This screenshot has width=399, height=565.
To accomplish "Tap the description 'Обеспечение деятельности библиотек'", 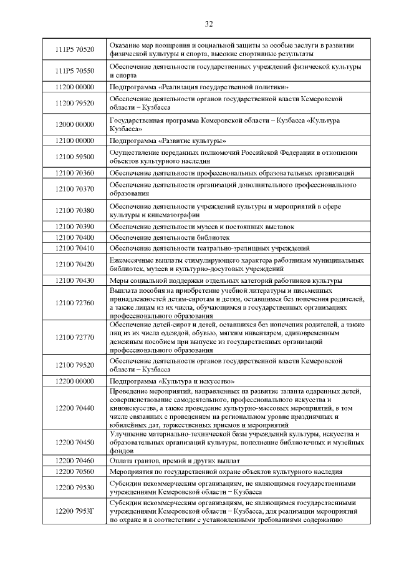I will click(162, 237).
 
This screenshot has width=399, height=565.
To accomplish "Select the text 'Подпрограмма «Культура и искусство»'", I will click(172, 380).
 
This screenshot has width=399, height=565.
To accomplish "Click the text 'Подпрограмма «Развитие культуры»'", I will click(168, 140).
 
